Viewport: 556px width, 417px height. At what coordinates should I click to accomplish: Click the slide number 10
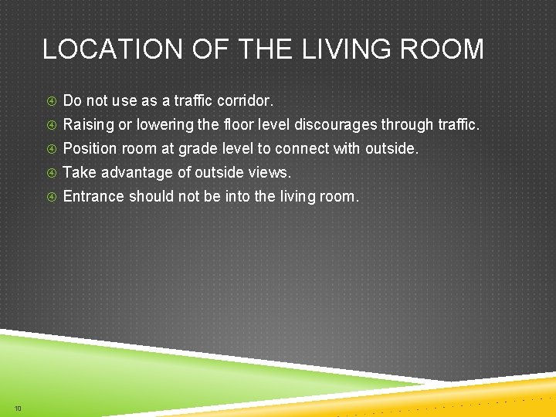pyautogui.click(x=17, y=408)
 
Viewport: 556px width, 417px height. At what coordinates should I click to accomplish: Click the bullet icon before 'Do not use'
pyautogui.click(x=51, y=101)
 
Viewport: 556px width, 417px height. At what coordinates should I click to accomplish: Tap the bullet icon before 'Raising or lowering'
pyautogui.click(x=51, y=125)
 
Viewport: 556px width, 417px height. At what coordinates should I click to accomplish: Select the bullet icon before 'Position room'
pyautogui.click(x=51, y=149)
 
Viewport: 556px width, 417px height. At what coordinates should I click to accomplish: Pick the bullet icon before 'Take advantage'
pyautogui.click(x=51, y=173)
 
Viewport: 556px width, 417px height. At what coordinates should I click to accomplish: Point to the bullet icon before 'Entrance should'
pyautogui.click(x=51, y=197)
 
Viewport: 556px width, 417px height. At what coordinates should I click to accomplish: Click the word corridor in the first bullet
pyautogui.click(x=245, y=101)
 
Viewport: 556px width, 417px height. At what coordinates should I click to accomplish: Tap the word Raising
pyautogui.click(x=87, y=125)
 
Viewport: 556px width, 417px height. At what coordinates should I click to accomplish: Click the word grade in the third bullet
pyautogui.click(x=196, y=149)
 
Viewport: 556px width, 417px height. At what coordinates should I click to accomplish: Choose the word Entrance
pyautogui.click(x=93, y=197)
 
